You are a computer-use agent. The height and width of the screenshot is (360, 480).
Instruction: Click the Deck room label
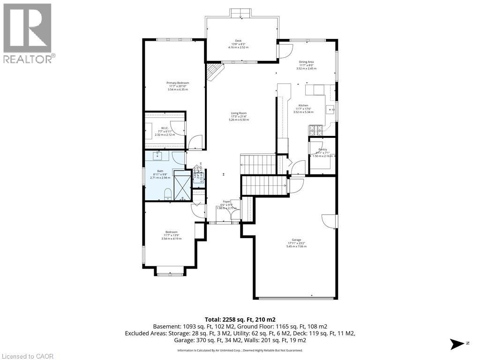(238, 44)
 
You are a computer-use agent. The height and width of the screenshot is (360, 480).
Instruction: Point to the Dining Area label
(306, 65)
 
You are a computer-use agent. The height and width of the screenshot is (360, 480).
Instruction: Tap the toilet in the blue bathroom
(167, 194)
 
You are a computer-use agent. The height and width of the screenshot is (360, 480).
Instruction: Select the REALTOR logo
(28, 33)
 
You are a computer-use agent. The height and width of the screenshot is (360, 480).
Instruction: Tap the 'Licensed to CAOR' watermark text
(28, 356)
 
